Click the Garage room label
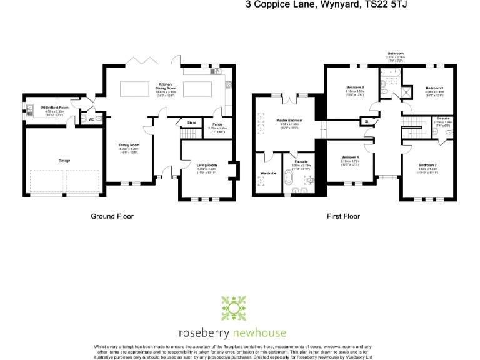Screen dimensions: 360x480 pos(64,161)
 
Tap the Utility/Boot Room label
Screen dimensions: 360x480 pos(54,107)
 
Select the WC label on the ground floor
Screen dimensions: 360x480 pos(91,119)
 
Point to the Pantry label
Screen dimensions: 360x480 pos(217,124)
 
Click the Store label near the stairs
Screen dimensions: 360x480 pos(192,122)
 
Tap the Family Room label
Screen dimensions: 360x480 pos(129,145)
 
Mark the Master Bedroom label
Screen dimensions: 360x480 pos(290,120)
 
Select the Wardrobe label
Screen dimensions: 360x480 pos(269,172)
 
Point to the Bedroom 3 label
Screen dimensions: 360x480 pos(354,87)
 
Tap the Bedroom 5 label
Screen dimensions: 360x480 pos(434,88)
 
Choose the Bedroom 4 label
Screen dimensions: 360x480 pos(349,157)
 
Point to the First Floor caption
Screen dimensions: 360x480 pos(343,216)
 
